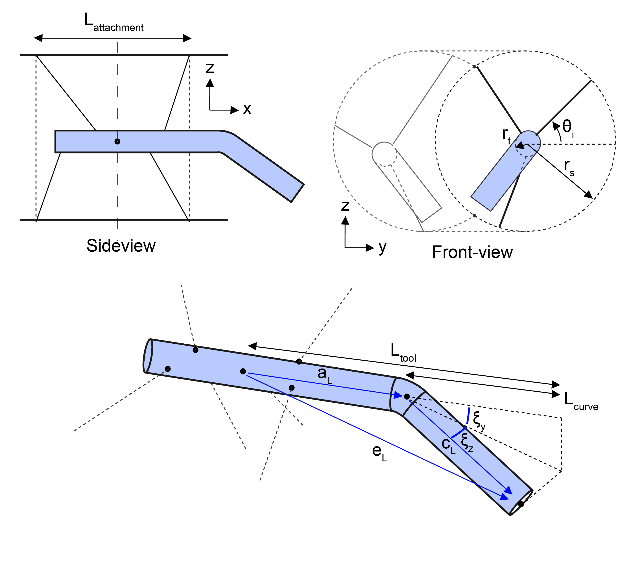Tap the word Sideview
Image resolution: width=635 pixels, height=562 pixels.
click(x=121, y=246)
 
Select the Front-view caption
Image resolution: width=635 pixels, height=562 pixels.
click(x=472, y=252)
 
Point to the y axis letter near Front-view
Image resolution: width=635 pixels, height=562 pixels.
click(x=382, y=248)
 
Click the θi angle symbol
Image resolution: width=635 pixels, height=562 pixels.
click(x=568, y=128)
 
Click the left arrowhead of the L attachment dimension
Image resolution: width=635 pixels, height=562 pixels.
click(x=38, y=38)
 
